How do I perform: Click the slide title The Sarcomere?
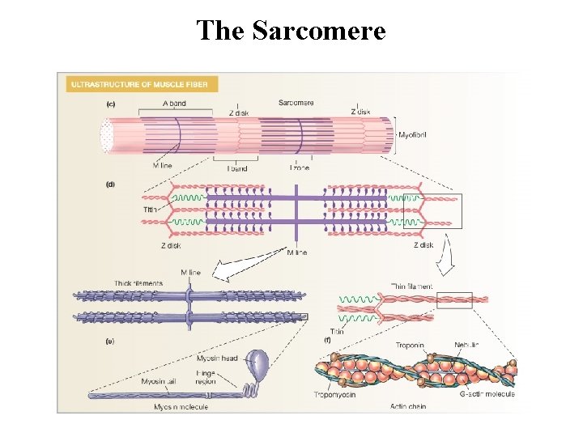click(291, 31)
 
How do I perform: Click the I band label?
click(236, 168)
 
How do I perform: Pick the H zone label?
click(300, 168)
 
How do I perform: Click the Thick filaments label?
click(138, 283)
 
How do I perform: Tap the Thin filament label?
click(411, 286)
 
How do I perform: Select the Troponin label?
click(410, 346)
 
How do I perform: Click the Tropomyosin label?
click(337, 394)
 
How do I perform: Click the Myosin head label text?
click(217, 359)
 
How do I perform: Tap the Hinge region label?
click(205, 376)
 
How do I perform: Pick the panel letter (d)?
click(110, 184)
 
